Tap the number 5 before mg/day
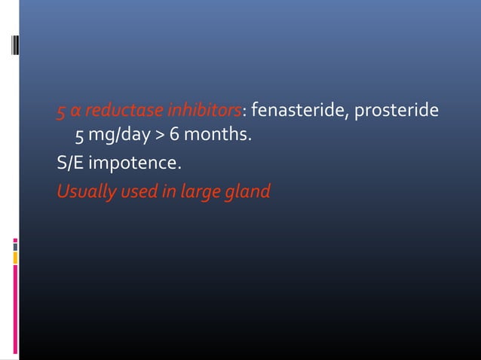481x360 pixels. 79,137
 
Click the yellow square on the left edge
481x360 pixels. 15,258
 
